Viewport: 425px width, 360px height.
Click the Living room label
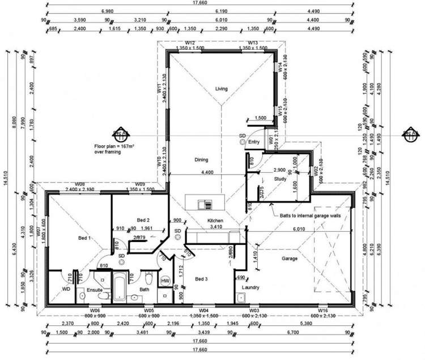[x=221, y=88]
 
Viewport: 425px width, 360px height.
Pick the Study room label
[x=280, y=179]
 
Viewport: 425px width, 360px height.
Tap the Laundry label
[x=251, y=287]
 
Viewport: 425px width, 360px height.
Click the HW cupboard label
[x=165, y=281]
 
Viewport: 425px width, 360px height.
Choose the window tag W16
[x=322, y=311]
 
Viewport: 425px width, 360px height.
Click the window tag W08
[x=79, y=184]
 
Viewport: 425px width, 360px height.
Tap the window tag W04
[x=202, y=311]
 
